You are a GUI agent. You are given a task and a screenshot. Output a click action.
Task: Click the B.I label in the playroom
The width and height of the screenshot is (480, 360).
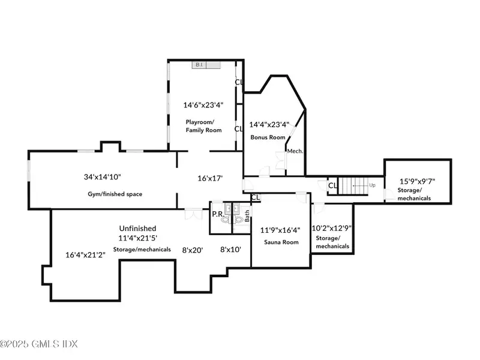point(199,65)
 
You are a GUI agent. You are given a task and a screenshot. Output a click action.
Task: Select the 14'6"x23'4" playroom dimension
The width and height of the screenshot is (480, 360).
point(203,105)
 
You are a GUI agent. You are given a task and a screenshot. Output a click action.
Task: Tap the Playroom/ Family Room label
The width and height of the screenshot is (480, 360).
point(203,126)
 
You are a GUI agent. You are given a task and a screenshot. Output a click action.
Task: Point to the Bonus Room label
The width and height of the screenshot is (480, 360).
point(268,137)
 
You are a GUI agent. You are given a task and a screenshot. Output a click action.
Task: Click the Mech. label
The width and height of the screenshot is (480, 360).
point(295,151)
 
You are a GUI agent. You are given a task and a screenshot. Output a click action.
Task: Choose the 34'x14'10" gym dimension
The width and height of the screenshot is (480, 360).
point(103,177)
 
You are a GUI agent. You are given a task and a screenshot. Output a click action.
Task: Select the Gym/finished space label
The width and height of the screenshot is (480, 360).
point(115,194)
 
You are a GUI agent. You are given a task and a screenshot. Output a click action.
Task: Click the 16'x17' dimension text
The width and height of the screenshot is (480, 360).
point(210,178)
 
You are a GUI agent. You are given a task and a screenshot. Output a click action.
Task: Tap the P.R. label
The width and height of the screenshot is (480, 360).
point(218,214)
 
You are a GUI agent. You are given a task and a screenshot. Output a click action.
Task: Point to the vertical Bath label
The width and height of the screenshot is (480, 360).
point(247,216)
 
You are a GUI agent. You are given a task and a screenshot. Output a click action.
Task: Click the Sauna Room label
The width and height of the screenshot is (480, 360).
point(281,242)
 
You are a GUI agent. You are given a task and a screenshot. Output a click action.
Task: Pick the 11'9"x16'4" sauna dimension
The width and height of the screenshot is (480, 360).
point(280,230)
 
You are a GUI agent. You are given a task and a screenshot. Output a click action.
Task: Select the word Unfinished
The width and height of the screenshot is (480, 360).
point(138,229)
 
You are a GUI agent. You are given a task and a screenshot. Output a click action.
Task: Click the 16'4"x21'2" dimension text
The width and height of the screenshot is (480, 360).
point(85,254)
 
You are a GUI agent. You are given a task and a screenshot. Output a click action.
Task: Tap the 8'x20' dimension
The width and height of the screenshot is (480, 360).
point(193,250)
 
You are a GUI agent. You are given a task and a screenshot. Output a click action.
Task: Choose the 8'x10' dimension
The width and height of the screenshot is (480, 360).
point(230,250)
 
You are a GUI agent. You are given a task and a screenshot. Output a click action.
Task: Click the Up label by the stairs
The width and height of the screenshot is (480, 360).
point(372,185)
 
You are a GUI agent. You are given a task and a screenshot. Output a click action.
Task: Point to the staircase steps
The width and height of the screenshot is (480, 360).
point(353,186)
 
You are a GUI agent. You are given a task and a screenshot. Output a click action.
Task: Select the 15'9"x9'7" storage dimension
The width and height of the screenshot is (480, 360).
point(417,182)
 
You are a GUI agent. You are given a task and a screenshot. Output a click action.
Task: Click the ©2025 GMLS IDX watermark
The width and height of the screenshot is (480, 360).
point(39,344)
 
